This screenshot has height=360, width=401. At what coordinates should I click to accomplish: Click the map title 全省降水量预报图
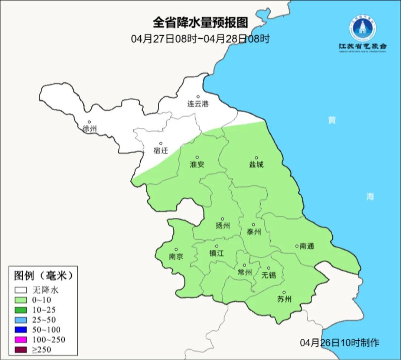coord(200,23)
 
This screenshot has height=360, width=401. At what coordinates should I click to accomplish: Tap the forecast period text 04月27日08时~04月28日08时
coord(200,39)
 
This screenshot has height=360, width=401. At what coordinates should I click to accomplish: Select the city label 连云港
coord(198,104)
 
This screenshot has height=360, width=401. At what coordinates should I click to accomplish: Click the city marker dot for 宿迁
coord(161,143)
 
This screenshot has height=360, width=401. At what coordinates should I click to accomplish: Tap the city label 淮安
coord(197,165)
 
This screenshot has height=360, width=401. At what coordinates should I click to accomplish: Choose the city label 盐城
coord(256,165)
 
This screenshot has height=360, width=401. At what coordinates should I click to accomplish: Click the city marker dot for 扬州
coord(222,219)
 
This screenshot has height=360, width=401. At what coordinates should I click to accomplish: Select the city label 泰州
coord(254,232)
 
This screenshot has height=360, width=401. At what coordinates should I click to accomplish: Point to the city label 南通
coord(307,246)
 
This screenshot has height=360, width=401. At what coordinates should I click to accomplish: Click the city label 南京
coord(176,257)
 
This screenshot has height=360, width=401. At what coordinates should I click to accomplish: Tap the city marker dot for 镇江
coord(217,246)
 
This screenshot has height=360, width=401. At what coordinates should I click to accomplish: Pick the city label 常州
coord(245,273)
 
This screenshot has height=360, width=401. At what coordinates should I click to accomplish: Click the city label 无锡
coord(269,275)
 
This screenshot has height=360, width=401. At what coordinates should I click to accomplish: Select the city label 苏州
coord(284,299)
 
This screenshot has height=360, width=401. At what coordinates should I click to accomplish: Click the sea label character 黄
coord(332,120)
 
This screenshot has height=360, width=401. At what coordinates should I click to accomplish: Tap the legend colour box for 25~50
coord(21,320)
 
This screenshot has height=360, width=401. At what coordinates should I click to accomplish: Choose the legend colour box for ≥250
coord(21,350)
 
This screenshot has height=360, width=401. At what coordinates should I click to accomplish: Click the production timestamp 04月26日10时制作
coord(339,343)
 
